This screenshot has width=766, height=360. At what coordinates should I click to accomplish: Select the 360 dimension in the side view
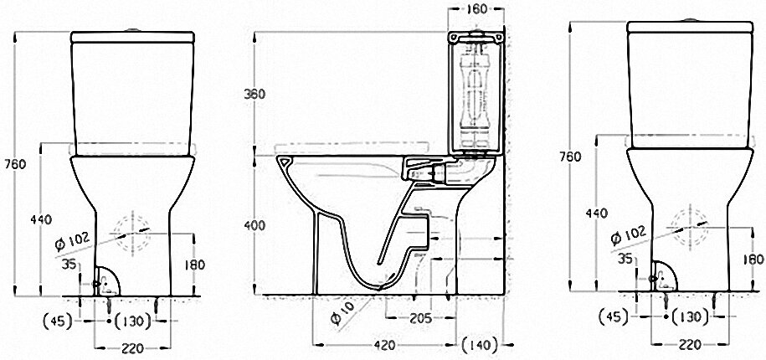[254, 94]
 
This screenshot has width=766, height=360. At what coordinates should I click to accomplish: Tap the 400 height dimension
[254, 225]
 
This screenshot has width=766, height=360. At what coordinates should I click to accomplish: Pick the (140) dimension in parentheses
[481, 343]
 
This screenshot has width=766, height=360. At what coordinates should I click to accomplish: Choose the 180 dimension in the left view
[195, 265]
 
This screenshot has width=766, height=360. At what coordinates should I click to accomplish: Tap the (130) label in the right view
[688, 317]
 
